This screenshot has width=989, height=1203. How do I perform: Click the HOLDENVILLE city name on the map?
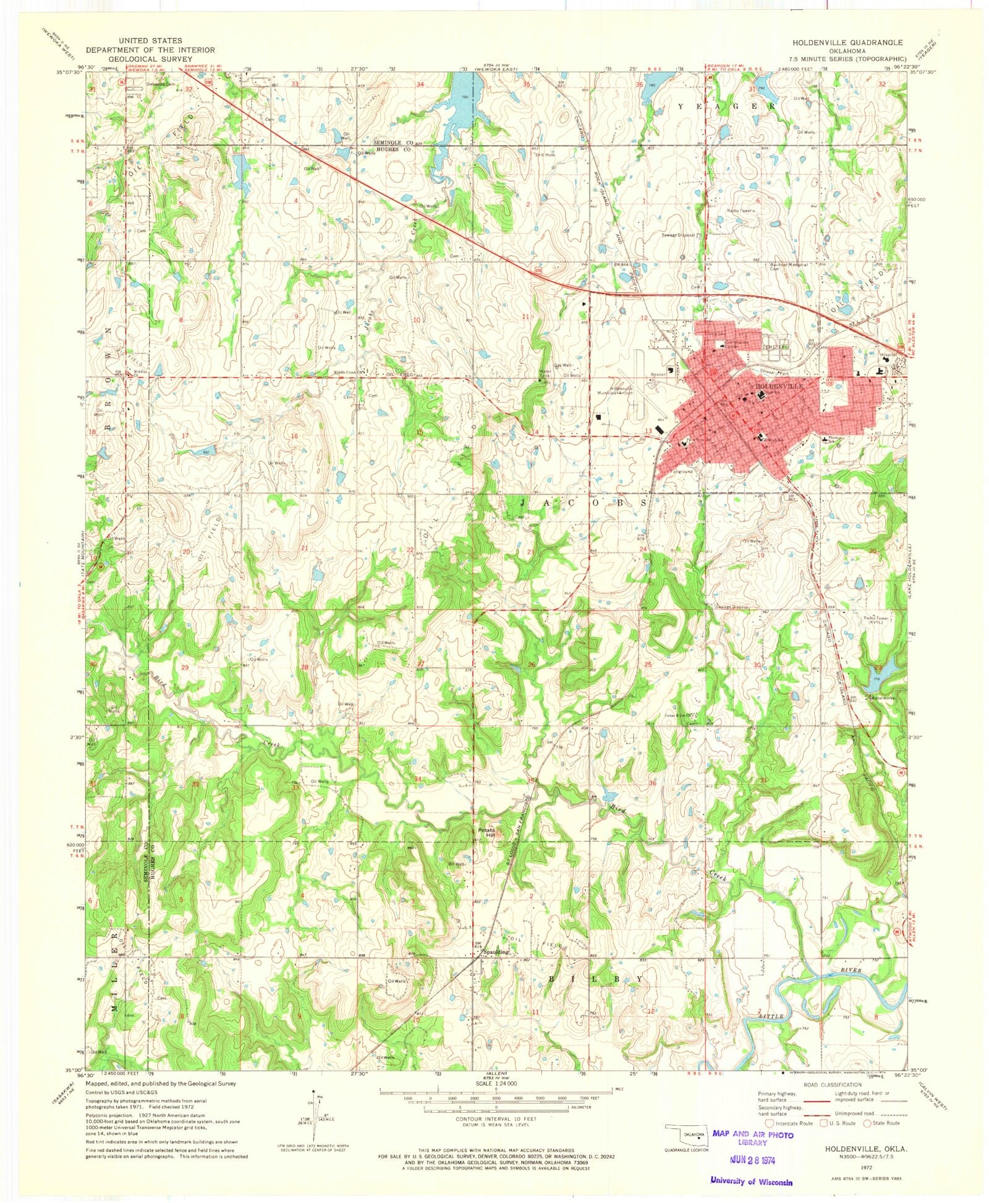click(x=779, y=386)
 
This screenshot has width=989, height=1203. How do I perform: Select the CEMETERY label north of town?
click(x=775, y=347)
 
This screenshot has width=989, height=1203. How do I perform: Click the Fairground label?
click(x=681, y=471)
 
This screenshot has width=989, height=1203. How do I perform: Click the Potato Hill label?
click(x=487, y=832)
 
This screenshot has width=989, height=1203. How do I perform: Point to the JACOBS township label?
click(x=584, y=503)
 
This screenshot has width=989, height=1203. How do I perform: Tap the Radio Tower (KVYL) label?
click(x=879, y=620)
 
